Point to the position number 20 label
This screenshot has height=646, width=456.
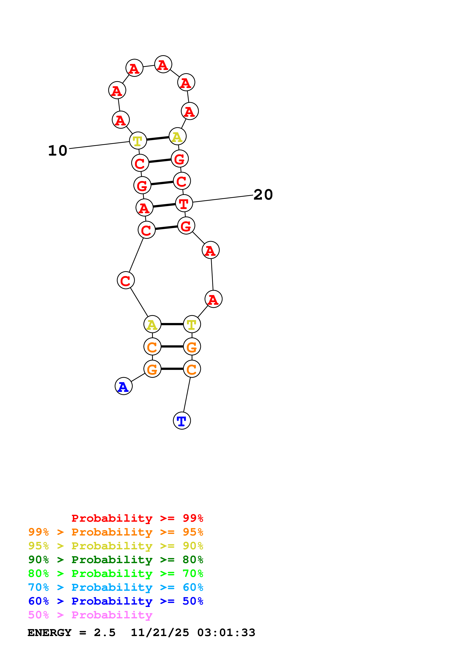coord(263,194)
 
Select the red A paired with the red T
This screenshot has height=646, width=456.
coord(144,208)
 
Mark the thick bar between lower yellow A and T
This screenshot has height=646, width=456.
coord(172,324)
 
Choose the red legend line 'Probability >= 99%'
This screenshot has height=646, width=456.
coord(137,518)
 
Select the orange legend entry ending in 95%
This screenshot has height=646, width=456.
coord(116,532)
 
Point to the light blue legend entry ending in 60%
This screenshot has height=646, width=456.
coord(116,587)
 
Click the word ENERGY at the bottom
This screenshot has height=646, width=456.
coord(49,633)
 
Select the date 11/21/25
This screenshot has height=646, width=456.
coord(160,633)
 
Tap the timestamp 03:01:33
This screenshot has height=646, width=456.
coord(226,633)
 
